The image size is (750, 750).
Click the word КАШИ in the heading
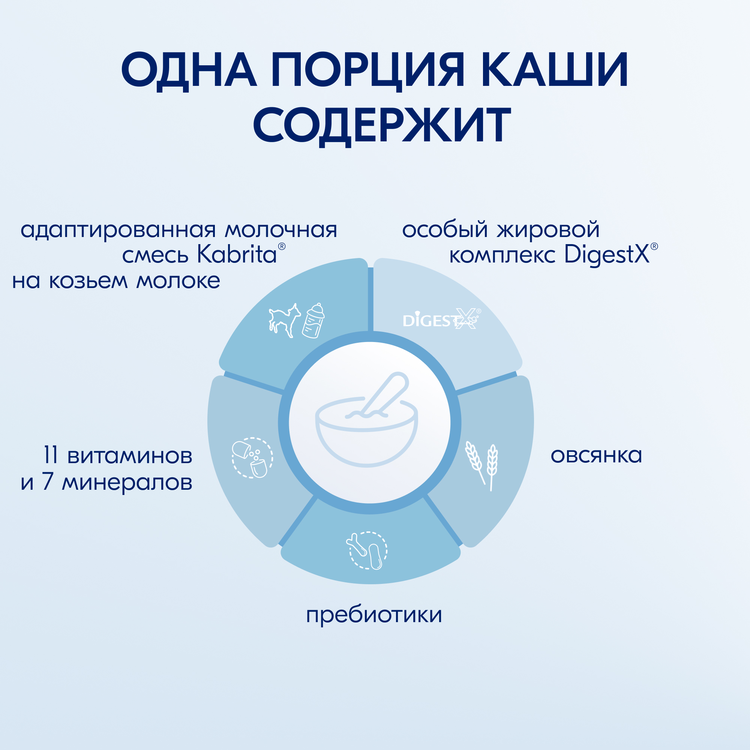[555, 70]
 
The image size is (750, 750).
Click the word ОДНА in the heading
[189, 70]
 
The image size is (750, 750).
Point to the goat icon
[285, 320]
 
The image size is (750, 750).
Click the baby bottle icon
[313, 321]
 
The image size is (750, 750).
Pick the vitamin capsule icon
[252, 457]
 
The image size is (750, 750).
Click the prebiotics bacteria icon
[367, 550]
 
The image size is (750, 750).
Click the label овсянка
[596, 455]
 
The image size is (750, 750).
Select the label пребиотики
[374, 615]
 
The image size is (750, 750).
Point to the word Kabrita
[237, 255]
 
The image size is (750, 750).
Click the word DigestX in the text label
[607, 255]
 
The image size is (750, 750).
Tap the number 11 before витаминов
[51, 455]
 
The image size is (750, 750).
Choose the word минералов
[127, 483]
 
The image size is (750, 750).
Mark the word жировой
[549, 230]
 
